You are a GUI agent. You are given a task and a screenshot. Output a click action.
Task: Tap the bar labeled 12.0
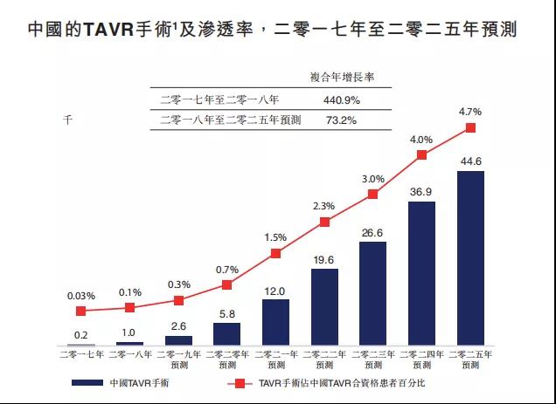tap(275, 323)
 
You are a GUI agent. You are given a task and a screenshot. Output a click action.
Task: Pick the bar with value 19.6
tap(324, 307)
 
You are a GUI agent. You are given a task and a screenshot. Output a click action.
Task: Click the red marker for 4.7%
tap(470, 127)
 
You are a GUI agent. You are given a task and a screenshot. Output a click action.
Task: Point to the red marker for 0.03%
tap(81, 311)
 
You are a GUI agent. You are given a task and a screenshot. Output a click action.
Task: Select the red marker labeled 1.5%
tap(275, 253)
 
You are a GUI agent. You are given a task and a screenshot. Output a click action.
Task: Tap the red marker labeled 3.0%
tap(373, 194)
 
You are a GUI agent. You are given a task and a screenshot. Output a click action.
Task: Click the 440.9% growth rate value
tap(342, 100)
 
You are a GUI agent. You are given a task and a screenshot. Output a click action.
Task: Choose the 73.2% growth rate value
tap(342, 120)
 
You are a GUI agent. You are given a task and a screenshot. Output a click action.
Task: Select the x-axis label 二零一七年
tap(81, 354)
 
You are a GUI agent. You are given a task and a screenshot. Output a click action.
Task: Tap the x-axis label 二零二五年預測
tap(470, 359)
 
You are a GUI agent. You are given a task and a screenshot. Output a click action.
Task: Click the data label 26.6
tap(373, 232)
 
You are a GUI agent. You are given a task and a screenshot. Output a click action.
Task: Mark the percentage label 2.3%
tap(324, 206)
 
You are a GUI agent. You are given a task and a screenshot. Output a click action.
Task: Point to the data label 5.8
tap(226, 313)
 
